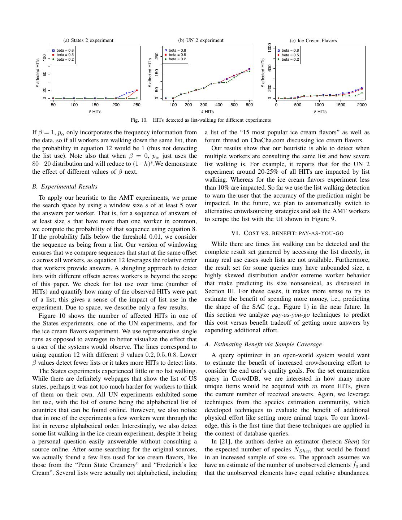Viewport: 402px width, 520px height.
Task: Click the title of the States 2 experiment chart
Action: click(x=88, y=40)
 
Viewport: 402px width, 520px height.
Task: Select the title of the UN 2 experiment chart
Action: click(x=200, y=40)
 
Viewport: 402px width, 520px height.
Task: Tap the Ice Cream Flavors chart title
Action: click(x=313, y=41)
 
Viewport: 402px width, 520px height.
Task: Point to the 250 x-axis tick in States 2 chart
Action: click(x=137, y=105)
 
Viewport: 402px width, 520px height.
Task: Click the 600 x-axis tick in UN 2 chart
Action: click(x=249, y=105)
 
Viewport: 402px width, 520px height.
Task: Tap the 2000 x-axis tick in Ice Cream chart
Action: click(x=362, y=105)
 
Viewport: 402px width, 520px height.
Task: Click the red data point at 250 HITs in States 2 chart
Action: click(x=137, y=90)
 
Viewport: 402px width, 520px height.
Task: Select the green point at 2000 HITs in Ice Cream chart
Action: click(x=362, y=93)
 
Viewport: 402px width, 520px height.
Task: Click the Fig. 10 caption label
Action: click(x=139, y=120)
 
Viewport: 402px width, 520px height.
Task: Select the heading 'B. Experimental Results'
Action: click(x=65, y=187)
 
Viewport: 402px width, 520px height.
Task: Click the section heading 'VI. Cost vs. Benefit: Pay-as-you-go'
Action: click(x=287, y=233)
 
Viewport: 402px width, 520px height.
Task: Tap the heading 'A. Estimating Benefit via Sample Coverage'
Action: click(x=263, y=344)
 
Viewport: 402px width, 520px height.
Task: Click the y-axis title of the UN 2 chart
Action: click(x=150, y=73)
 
